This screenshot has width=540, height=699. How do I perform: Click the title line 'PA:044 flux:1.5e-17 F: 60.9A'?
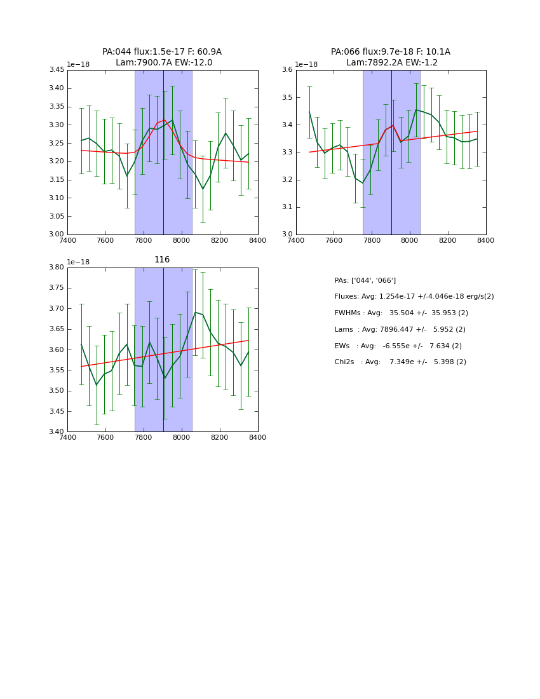162,52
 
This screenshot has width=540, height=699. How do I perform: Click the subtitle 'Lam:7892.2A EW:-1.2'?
391,63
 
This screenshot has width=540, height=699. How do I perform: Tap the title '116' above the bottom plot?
162,260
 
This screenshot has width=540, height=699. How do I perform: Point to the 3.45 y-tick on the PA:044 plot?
57,70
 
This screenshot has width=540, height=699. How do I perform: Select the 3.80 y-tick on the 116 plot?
57,268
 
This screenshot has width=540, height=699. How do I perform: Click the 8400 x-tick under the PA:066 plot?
486,240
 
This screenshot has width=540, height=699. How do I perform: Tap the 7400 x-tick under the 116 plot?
67,437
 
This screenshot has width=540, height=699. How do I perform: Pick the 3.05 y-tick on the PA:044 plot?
57,216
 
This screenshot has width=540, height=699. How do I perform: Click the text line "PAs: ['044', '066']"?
365,280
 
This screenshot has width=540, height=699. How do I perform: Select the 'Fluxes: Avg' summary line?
414,297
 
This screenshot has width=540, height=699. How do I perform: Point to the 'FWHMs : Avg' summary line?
401,313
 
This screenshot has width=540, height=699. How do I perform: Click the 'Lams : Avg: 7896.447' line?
400,330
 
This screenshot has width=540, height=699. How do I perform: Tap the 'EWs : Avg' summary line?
398,346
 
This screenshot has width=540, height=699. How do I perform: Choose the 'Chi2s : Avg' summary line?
400,362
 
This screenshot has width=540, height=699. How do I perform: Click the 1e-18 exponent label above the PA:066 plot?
307,64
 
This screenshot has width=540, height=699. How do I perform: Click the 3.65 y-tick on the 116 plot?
57,329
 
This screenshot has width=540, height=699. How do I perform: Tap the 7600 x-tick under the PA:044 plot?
105,240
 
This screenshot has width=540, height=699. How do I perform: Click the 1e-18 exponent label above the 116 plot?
78,262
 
